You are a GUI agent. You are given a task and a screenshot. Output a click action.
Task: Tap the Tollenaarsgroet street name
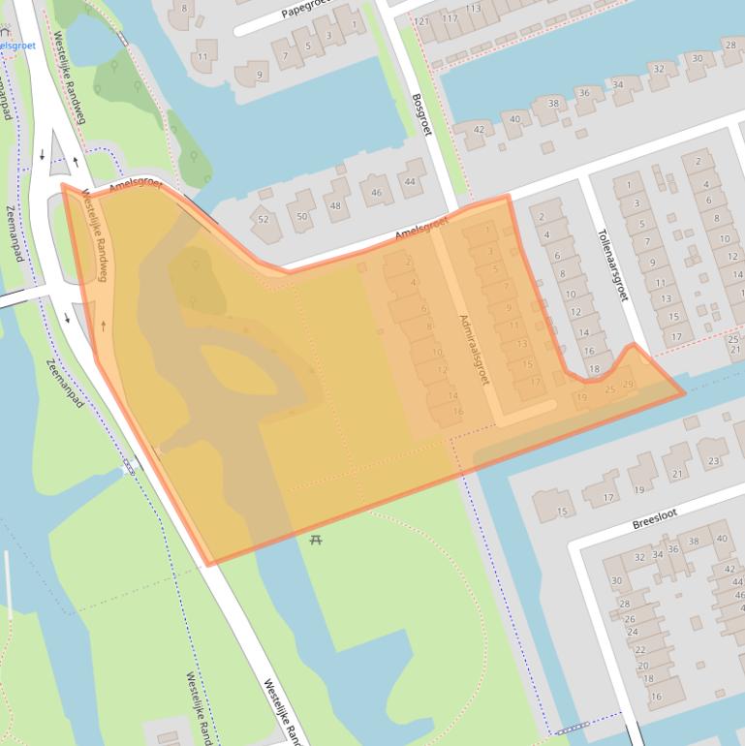tap(612, 264)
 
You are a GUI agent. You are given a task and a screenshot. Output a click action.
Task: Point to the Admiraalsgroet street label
tap(475, 349)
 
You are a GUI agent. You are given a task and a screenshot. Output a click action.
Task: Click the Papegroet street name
tap(305, 10)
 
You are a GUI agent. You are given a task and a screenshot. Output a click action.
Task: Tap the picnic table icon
tap(316, 539)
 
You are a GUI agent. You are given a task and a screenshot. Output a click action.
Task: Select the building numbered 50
tap(302, 215)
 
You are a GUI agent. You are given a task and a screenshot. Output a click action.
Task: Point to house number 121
tap(421, 21)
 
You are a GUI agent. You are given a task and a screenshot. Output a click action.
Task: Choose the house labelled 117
tap(450, 18)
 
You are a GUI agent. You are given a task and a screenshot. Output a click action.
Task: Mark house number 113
tap(473, 9)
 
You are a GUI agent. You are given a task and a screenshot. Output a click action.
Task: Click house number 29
tap(628, 386)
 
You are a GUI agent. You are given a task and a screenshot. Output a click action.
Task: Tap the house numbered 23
tap(714, 461)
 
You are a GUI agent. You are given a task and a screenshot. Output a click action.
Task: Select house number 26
tap(630, 618)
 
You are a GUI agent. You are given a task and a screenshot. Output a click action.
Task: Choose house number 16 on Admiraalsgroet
tap(458, 411)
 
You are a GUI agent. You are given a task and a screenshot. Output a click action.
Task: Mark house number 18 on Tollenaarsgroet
tap(594, 369)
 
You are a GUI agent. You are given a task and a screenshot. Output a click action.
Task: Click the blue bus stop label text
tap(16, 45)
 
